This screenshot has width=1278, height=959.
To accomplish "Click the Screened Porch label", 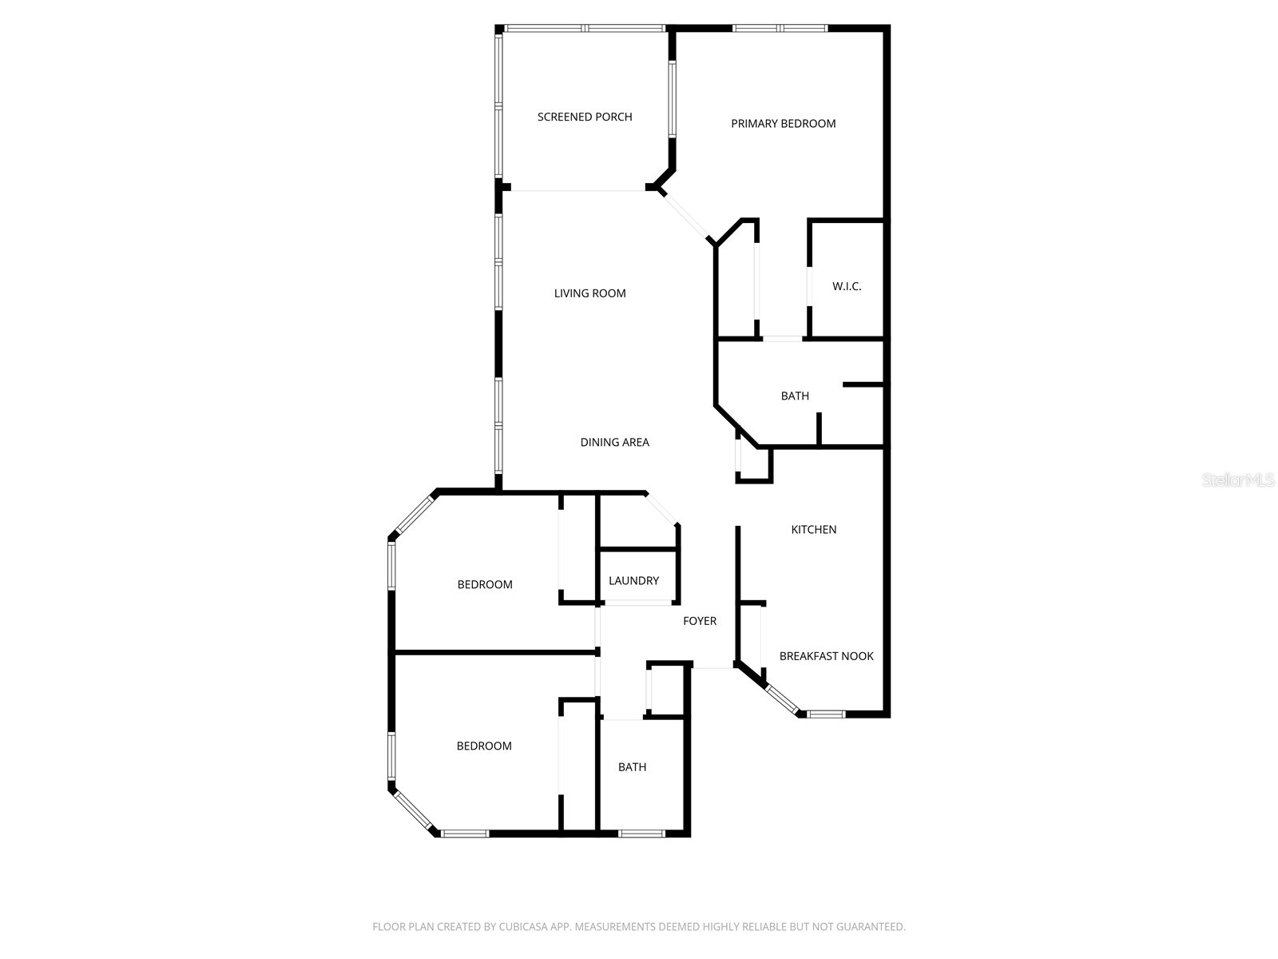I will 585,117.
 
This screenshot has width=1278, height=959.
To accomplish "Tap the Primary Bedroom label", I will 783,123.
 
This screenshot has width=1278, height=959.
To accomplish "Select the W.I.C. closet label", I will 847,286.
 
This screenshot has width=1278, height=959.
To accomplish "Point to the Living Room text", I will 589,293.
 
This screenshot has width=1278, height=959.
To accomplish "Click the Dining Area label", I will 614,442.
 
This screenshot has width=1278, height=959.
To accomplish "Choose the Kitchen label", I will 813,529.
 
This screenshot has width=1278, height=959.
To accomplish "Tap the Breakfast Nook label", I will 826,656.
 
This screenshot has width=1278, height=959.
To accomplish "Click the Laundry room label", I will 633,581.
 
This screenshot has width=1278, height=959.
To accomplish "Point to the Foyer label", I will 700,621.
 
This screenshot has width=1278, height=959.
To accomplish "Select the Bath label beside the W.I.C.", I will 795,396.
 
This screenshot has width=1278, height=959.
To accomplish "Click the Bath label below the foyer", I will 632,767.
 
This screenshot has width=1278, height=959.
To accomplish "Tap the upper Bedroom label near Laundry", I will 485,584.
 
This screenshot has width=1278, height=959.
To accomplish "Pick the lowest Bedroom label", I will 484,746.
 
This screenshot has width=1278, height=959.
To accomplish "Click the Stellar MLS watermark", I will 1238,480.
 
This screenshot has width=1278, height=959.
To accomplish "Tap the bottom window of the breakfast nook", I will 825,713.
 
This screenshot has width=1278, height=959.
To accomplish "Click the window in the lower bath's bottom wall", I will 641,834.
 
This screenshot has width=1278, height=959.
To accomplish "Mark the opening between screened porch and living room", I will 577,190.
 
